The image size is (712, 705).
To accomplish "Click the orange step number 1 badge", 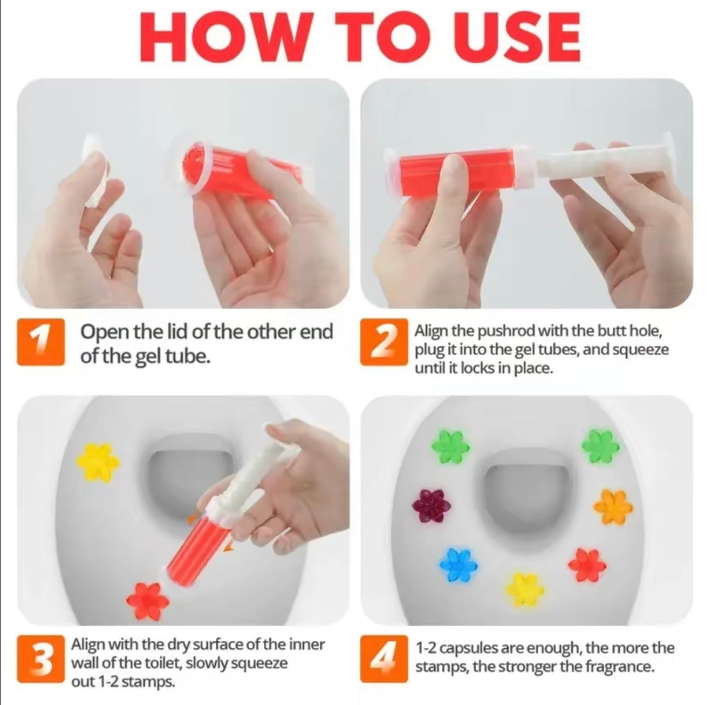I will pos(41,342).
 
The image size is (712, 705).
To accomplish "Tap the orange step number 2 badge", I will pos(384,342).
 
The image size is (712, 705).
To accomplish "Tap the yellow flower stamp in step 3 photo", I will pos(98,462).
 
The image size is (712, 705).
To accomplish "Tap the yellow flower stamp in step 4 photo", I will pos(523,588).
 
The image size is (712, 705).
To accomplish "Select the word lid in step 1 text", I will pos(177,332).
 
